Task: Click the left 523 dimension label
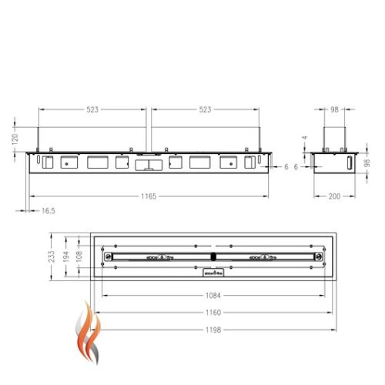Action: (92, 109)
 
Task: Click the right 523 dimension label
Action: (205, 109)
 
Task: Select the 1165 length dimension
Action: (149, 197)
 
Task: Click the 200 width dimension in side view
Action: (335, 197)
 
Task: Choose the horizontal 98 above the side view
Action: (335, 109)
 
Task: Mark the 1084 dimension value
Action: (214, 296)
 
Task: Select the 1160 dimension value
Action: (214, 313)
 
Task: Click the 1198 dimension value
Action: (214, 330)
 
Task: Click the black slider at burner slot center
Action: (213, 256)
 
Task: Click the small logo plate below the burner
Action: (213, 272)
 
